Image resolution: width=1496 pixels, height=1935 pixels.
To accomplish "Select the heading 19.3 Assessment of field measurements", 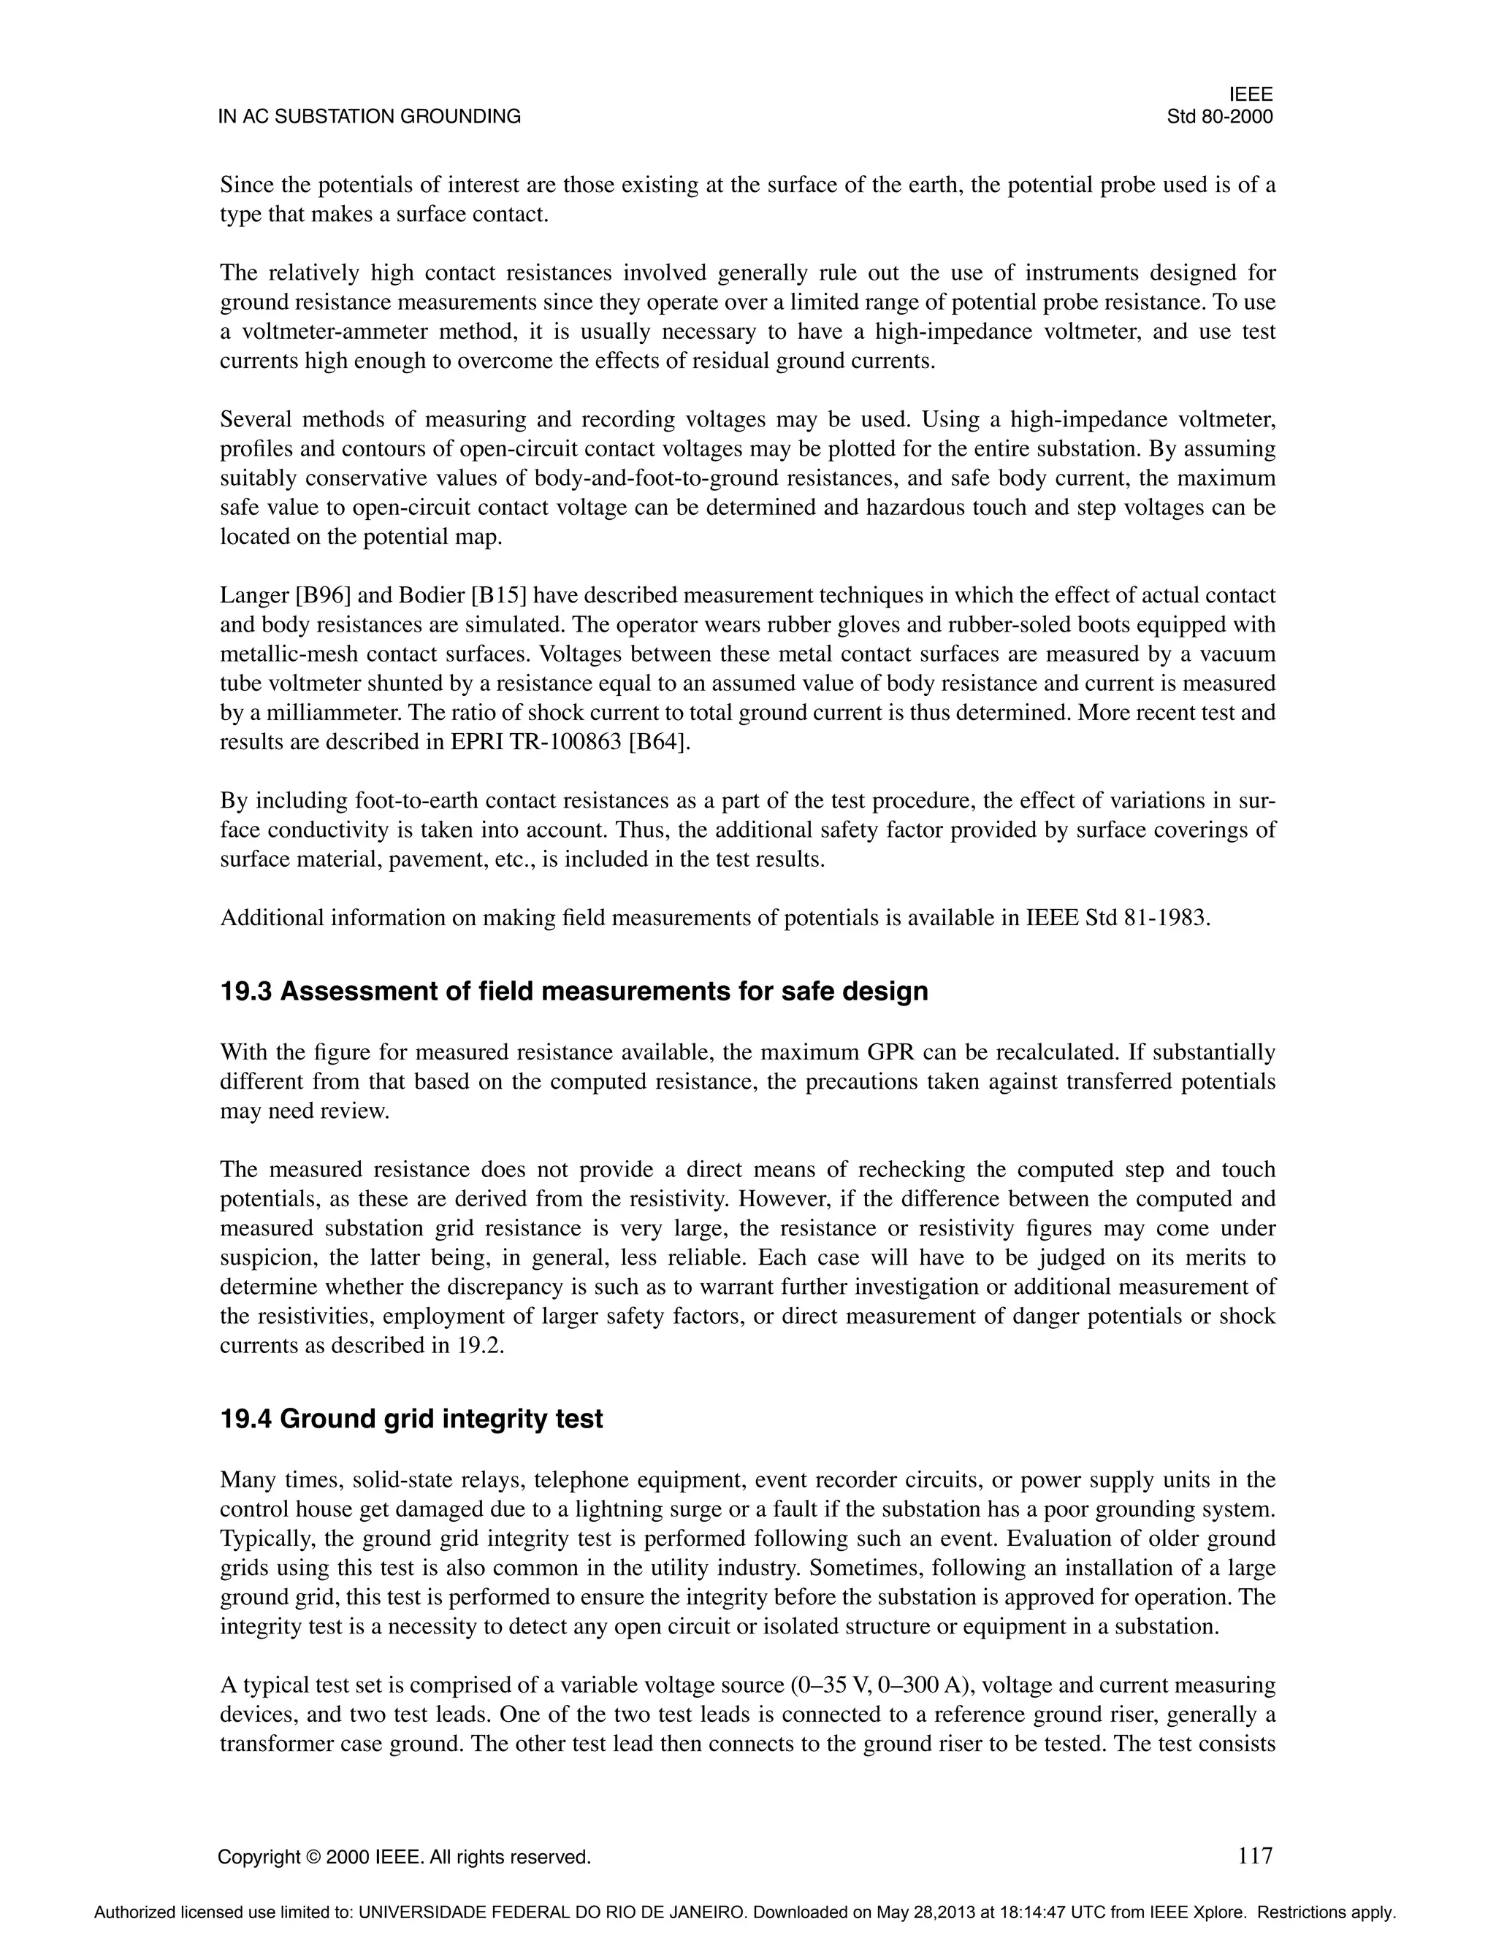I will [x=573, y=991].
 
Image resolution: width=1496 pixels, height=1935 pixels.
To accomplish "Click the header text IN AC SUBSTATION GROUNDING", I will [x=370, y=117].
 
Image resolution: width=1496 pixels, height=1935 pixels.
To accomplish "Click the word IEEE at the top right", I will [x=1251, y=95].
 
